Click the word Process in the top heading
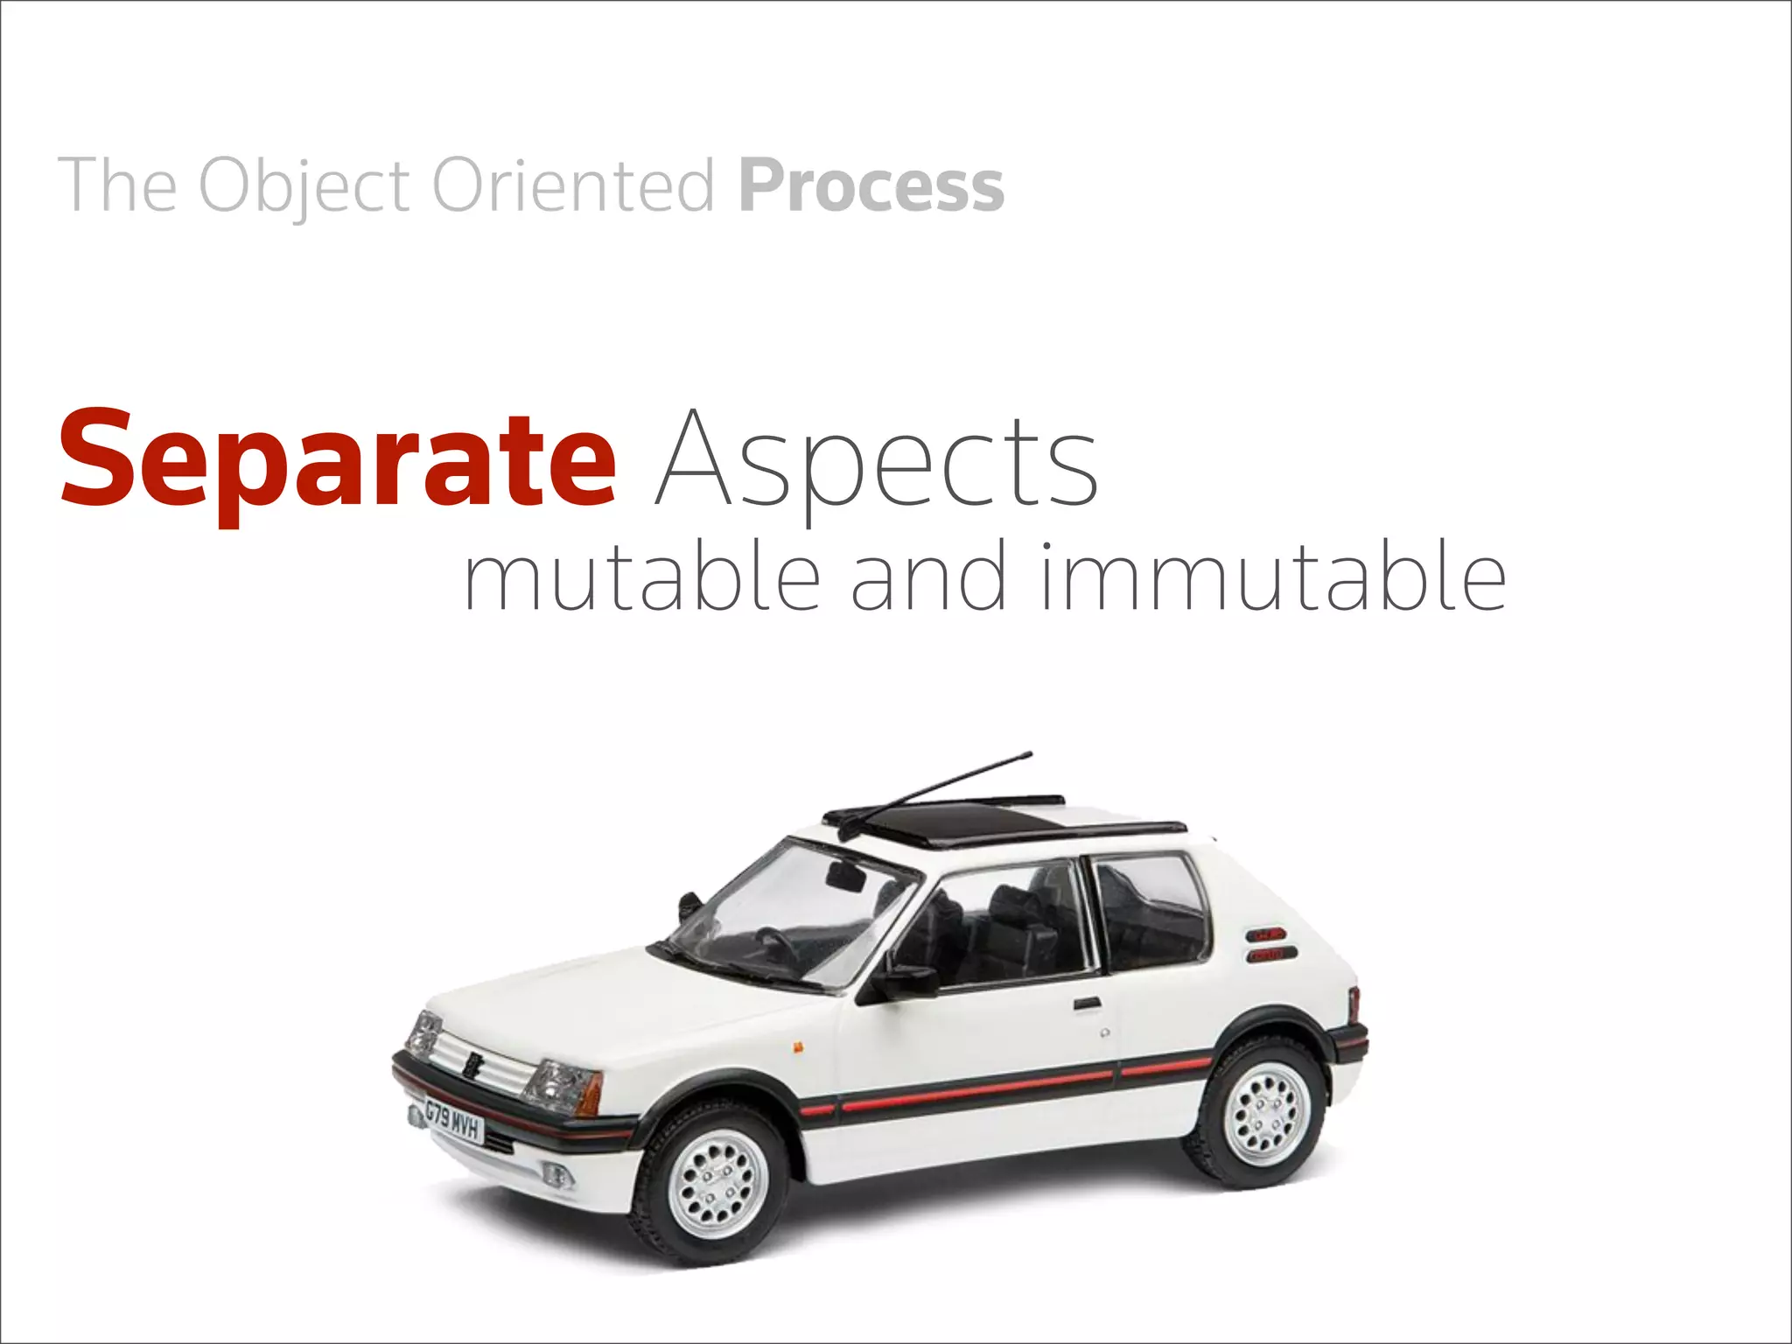tap(871, 185)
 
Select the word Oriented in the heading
tap(574, 185)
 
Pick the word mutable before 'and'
tap(642, 577)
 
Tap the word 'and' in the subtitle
tap(929, 577)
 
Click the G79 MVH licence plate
tap(452, 1121)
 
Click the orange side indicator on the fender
tap(797, 1045)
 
